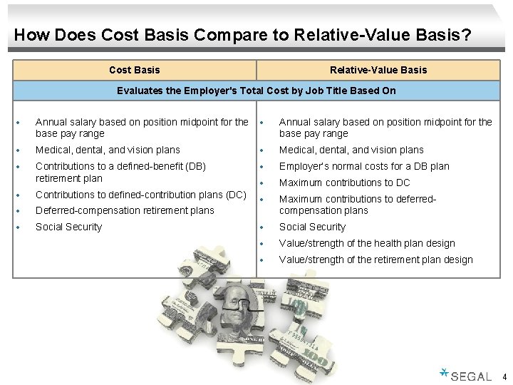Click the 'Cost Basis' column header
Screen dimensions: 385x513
134,70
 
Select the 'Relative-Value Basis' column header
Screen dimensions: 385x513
378,70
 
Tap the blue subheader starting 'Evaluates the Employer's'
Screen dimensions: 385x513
256,91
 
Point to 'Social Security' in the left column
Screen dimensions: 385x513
68,227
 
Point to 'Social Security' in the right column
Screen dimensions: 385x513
312,227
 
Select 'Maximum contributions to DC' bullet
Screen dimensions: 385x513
344,183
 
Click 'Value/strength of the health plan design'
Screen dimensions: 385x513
367,243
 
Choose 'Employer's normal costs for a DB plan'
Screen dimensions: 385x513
364,166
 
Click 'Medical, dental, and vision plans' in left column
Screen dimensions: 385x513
108,150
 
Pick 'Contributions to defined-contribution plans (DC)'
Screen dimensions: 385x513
140,195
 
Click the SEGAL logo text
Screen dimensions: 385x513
471,376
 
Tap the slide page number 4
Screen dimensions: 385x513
504,376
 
